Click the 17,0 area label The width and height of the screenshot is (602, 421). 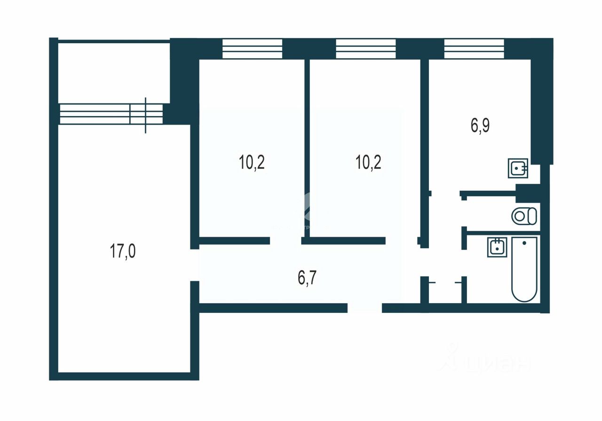pyautogui.click(x=123, y=251)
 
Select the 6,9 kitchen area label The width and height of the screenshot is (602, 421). pyautogui.click(x=480, y=127)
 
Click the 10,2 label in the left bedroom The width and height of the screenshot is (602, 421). pyautogui.click(x=252, y=163)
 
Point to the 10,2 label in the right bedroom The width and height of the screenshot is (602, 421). pyautogui.click(x=368, y=163)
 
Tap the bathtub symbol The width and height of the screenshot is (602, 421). pyautogui.click(x=524, y=270)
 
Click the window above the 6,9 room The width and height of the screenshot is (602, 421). pyautogui.click(x=474, y=48)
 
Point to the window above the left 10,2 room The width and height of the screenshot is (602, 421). pyautogui.click(x=252, y=48)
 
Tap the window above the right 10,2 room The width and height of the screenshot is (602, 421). pyautogui.click(x=366, y=48)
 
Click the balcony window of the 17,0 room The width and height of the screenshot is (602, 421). pyautogui.click(x=111, y=114)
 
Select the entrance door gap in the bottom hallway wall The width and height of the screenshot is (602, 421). pyautogui.click(x=364, y=308)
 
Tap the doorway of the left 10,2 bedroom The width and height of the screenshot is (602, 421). pyautogui.click(x=285, y=241)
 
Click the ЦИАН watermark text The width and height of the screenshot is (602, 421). pyautogui.click(x=499, y=364)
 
